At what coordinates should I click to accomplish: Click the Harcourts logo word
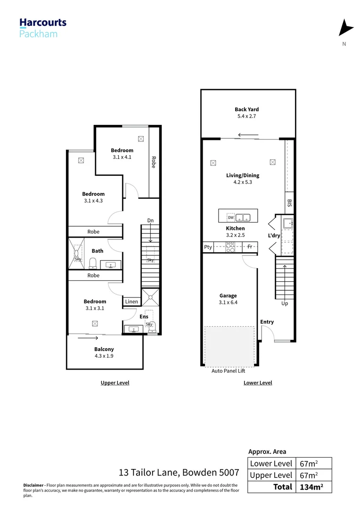[43, 22]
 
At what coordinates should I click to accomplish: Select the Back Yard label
[247, 109]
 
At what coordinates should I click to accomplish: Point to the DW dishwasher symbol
[230, 217]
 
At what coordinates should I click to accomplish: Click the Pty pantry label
[208, 247]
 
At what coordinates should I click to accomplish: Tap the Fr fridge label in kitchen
[250, 247]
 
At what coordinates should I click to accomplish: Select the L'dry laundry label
[274, 235]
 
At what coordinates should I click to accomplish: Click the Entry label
[267, 322]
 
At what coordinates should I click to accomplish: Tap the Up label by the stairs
[285, 304]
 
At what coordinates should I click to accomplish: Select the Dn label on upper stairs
[150, 221]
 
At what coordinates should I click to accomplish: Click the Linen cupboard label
[131, 302]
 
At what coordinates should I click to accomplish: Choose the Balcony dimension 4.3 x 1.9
[104, 356]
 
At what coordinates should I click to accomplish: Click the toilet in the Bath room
[93, 263]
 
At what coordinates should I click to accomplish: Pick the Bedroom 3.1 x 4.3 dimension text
[93, 200]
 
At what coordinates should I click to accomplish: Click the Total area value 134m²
[311, 487]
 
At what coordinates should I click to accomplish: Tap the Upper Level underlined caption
[115, 383]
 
